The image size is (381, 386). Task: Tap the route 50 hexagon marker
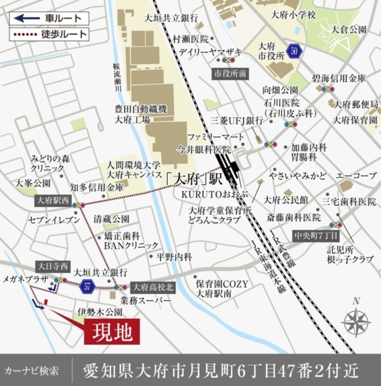click(294, 51)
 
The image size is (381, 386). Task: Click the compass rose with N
click(356, 320)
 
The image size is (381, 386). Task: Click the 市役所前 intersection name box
click(230, 73)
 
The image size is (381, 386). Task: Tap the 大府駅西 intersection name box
click(53, 200)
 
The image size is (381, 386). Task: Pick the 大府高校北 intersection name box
click(152, 287)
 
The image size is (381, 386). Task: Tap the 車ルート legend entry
click(49, 18)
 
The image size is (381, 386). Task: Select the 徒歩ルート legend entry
click(49, 34)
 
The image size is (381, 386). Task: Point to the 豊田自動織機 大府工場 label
click(137, 114)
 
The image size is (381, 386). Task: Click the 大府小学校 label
click(293, 15)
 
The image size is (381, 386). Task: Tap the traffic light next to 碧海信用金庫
click(328, 89)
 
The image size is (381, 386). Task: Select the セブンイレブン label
click(54, 220)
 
